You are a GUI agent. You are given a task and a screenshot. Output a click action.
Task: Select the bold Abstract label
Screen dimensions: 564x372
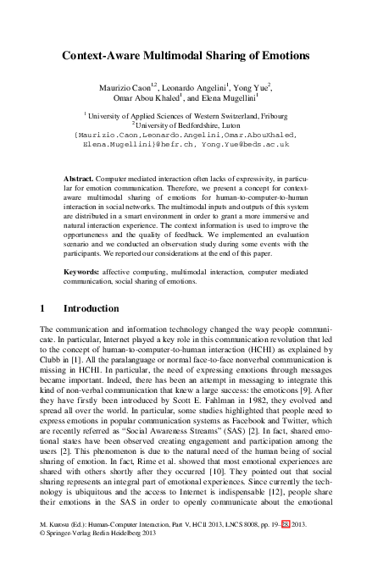[x=79, y=180]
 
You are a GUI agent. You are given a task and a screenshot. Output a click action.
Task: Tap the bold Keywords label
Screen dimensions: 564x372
[x=81, y=270]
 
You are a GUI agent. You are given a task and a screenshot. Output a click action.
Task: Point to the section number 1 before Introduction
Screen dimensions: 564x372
[x=43, y=308]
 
